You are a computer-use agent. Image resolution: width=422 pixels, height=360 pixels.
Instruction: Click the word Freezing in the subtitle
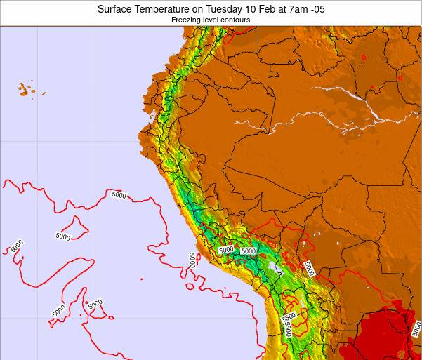point(186,20)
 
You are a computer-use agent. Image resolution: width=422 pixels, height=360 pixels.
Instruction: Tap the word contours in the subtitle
point(235,20)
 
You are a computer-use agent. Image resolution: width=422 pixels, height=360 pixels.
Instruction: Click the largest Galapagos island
point(25,89)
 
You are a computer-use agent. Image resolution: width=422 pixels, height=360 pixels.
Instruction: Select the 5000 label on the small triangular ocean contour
point(62,236)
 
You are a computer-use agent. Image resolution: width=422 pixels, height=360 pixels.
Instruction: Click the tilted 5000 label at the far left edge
point(17,246)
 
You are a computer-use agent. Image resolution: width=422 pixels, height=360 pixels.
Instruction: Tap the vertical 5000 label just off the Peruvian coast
point(192,260)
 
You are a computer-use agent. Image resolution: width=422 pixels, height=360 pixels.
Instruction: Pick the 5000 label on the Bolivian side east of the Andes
point(308,267)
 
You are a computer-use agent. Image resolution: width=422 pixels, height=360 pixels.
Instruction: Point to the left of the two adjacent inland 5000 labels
point(226,250)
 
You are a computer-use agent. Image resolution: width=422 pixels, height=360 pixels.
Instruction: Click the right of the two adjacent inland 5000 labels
point(248,251)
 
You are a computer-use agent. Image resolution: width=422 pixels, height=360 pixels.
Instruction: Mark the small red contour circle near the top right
point(364,57)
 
